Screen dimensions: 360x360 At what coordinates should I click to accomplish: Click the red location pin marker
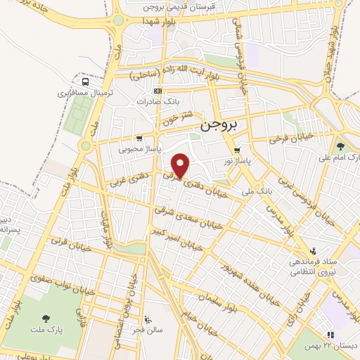181,166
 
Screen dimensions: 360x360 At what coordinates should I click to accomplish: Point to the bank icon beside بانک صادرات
158,91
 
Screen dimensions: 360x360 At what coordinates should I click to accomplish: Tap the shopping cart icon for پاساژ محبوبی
139,138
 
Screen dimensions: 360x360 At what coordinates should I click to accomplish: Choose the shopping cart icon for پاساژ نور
237,150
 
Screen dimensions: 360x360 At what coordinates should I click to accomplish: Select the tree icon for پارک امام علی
341,146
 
